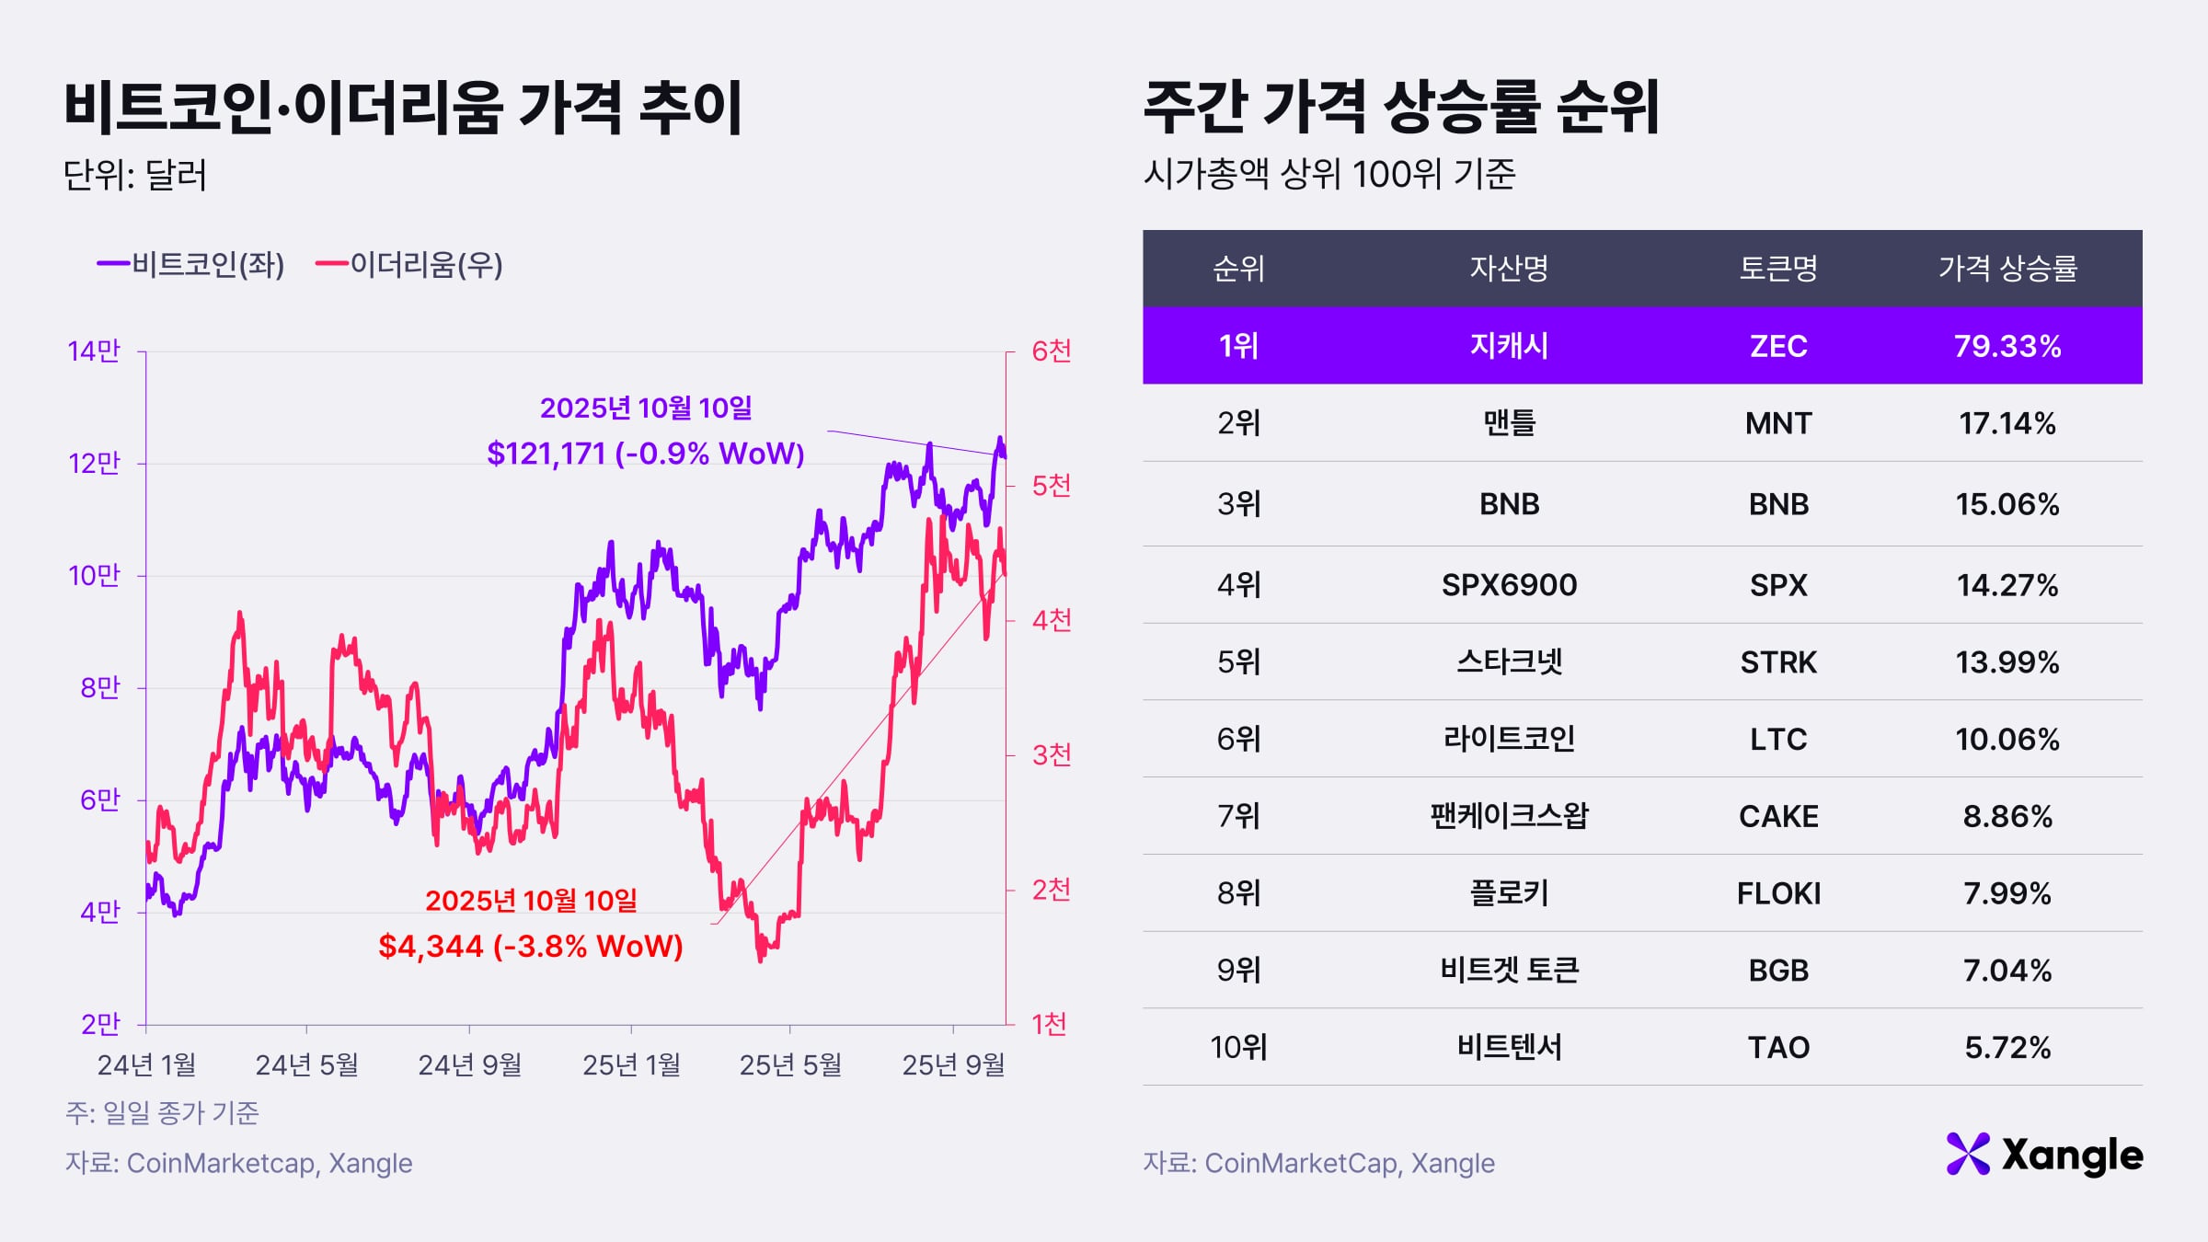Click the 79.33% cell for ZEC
2007,346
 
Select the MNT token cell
1777,423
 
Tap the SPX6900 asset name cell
1509,585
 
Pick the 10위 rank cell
1238,1047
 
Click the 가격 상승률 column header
2007,269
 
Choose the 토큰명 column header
1777,269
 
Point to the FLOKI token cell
1777,893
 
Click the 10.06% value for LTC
2007,740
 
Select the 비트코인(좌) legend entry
191,265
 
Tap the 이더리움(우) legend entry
409,265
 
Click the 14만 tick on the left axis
94,351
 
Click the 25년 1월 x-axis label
631,1065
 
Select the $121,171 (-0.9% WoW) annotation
646,454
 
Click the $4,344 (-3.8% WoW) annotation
531,946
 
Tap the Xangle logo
2044,1155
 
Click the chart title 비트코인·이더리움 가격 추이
403,109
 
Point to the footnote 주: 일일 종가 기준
162,1113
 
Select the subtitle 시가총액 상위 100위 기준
1328,174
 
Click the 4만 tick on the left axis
99,913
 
